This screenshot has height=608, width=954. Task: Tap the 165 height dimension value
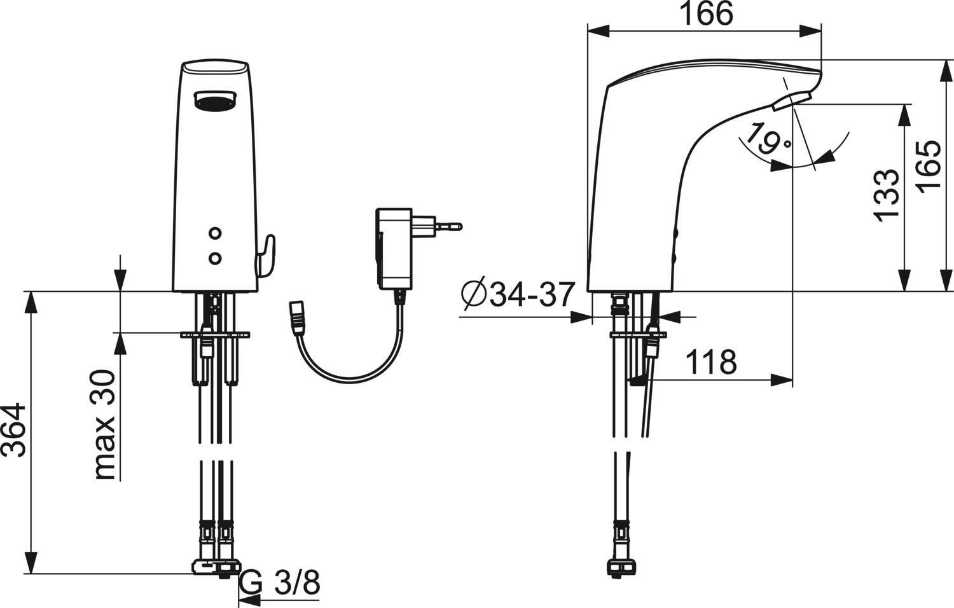point(929,167)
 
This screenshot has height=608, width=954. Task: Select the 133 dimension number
point(887,195)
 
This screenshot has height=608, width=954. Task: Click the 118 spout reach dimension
point(711,363)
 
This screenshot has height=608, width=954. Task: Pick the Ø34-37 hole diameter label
point(518,294)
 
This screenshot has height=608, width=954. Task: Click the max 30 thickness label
point(104,424)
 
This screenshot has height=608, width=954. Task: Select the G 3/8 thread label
point(279,583)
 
